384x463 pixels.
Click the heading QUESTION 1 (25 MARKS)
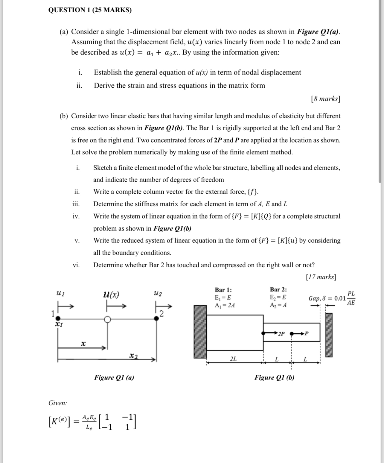(90, 10)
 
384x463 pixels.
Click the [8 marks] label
(325, 99)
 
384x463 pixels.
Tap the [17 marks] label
(321, 277)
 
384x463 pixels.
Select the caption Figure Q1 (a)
(114, 377)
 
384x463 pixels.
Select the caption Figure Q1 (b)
(274, 377)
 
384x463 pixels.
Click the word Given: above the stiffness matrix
(58, 403)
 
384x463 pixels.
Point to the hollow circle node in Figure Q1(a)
(107, 319)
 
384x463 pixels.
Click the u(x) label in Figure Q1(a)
(111, 295)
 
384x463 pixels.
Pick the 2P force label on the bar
(281, 333)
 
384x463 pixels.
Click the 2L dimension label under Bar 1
(233, 359)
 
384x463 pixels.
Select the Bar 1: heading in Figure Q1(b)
(223, 290)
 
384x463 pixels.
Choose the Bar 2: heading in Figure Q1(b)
(278, 289)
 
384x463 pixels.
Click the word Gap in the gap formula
(314, 298)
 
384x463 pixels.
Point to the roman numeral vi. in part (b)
(76, 265)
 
